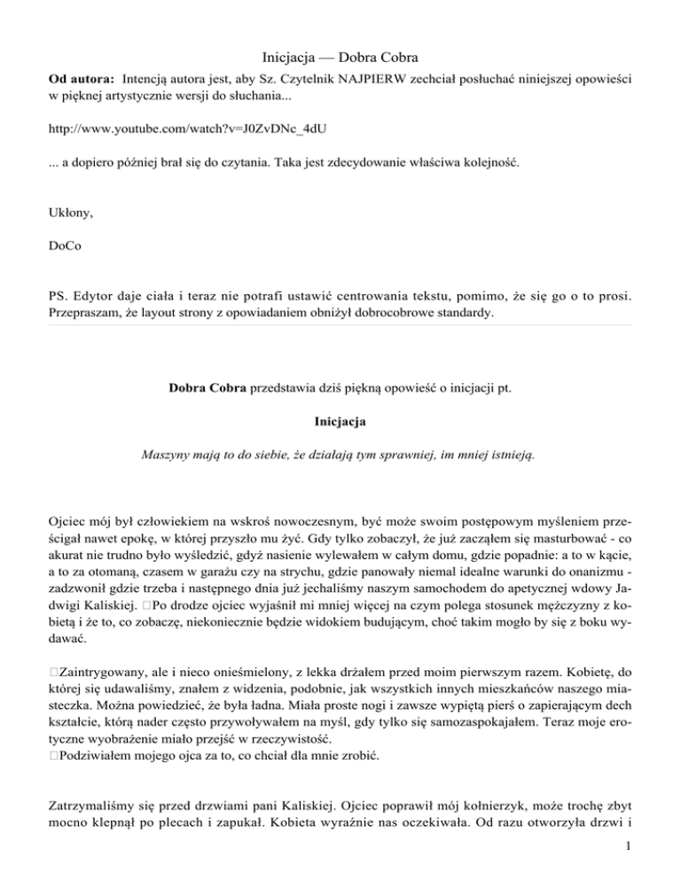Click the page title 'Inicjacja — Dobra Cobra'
[x=340, y=53]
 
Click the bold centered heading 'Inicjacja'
[x=340, y=421]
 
